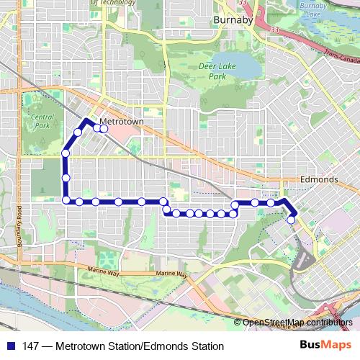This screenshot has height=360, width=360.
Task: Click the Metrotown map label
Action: tap(123, 122)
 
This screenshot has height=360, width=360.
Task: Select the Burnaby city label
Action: tap(232, 21)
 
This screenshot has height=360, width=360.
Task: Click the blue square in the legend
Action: tap(11, 346)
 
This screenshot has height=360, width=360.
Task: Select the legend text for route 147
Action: tap(122, 346)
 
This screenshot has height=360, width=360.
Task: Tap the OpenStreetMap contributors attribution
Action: tap(297, 323)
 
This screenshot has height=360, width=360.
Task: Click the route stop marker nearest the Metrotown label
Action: tap(104, 128)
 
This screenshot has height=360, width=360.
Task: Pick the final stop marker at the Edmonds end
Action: tap(291, 220)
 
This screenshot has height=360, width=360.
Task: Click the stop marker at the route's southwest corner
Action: tap(66, 200)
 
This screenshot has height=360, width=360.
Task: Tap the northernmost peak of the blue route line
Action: tap(86, 120)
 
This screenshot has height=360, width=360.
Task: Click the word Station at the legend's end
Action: tap(204, 346)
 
